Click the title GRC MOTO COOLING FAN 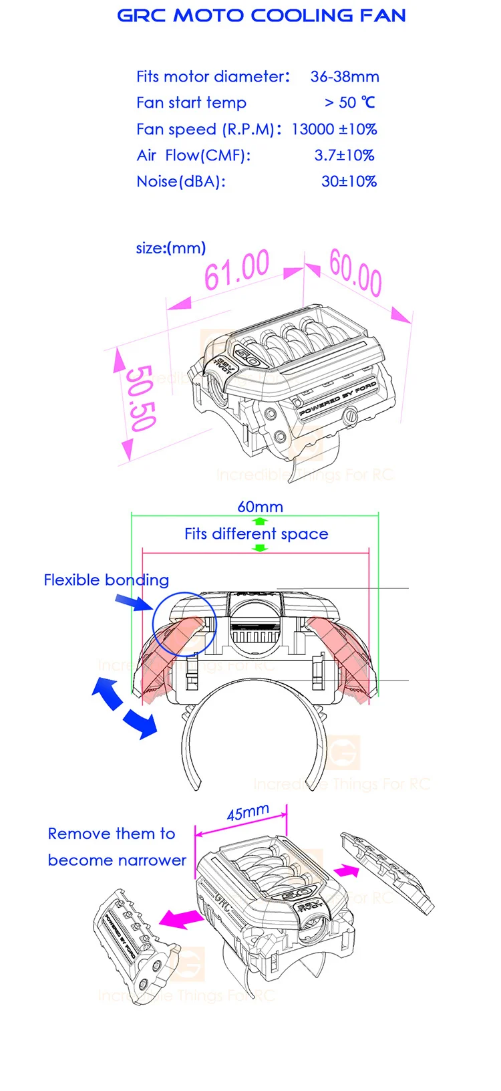point(261,16)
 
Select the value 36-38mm point(345,77)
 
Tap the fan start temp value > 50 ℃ point(349,103)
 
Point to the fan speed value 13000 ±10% point(334,129)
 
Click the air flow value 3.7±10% point(344,156)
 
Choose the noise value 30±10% point(349,182)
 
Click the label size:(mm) point(170,248)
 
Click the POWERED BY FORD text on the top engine point(337,400)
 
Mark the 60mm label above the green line point(260,507)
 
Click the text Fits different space point(257,534)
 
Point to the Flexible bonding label point(106,580)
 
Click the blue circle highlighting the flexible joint point(184,624)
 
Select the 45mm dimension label point(248,813)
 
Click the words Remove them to point(112,834)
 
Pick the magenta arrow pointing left point(182,918)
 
